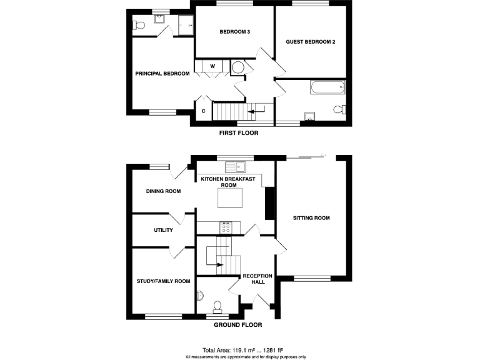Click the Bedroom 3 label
(235, 32)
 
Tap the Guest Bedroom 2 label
(311, 42)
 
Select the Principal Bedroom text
(162, 73)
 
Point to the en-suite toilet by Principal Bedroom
(139, 26)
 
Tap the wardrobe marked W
(212, 66)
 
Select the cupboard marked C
(202, 111)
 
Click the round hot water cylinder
(239, 67)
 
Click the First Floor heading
(239, 133)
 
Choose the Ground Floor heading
(237, 325)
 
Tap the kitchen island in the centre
(229, 199)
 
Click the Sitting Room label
(312, 218)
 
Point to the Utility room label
(163, 230)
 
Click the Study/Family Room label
(163, 281)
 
